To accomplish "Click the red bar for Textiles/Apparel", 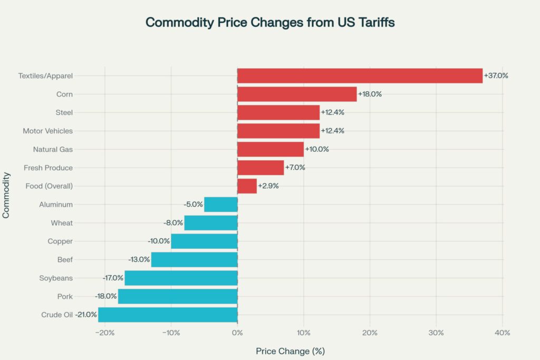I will (x=360, y=75).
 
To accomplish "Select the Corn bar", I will (x=297, y=94).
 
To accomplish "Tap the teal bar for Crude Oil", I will (x=168, y=315).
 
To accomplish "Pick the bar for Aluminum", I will (x=221, y=205).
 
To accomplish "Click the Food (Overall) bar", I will (x=247, y=186).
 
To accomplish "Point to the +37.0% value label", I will (x=496, y=75).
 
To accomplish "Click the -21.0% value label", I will (x=85, y=315).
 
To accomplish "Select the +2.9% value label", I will (x=268, y=186).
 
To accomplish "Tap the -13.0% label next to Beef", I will (x=139, y=260).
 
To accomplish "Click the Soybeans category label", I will (x=56, y=278).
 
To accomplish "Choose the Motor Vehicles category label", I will (x=48, y=131).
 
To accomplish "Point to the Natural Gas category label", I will (x=53, y=149).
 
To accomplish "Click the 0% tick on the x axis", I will (x=237, y=333).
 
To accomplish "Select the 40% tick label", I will (x=502, y=333).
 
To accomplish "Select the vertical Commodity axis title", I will (x=6, y=196).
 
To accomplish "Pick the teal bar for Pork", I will (x=178, y=296).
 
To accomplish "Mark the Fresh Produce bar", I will (x=261, y=168).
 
